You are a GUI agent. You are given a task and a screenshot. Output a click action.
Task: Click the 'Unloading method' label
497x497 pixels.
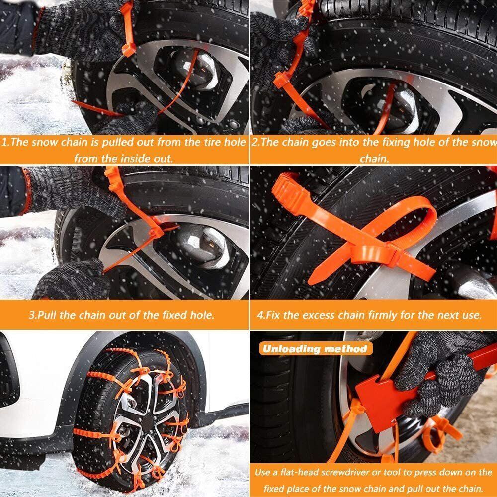(315, 348)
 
